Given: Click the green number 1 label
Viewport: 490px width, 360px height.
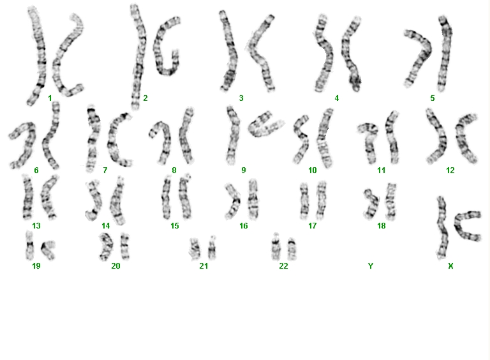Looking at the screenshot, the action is (50, 98).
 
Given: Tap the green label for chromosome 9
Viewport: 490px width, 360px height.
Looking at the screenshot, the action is (244, 170).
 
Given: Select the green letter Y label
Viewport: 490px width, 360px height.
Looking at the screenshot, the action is (370, 266).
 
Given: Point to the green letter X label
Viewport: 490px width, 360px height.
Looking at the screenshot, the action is (450, 266).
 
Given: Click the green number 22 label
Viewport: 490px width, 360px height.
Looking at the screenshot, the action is (283, 266).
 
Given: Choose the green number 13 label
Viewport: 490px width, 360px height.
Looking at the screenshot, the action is (36, 225).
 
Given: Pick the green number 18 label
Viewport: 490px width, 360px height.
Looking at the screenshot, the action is (382, 225).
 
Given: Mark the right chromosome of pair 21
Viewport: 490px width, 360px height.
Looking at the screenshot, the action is (212, 248).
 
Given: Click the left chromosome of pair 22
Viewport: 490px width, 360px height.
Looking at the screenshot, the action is (276, 246).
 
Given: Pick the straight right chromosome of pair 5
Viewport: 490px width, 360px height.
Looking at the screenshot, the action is (445, 53).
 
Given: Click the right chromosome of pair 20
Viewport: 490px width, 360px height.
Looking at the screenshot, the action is (125, 246).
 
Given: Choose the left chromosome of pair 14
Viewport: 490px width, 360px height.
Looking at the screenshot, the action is (94, 200).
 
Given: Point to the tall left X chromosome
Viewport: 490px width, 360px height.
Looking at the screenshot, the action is (442, 227).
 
